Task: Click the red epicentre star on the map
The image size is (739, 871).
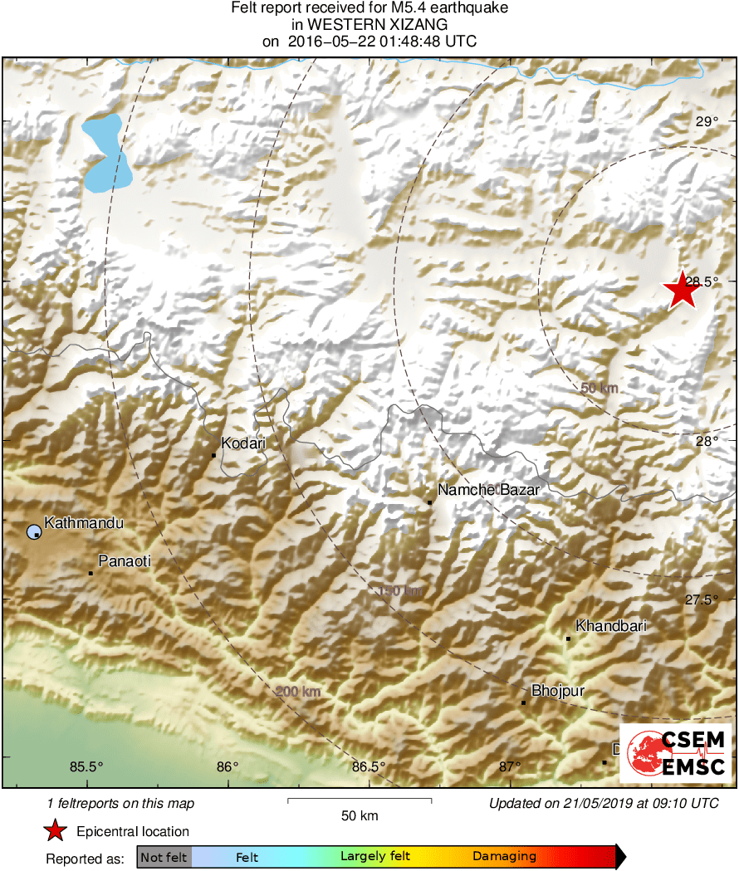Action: [682, 290]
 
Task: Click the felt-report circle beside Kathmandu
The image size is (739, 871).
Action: [33, 531]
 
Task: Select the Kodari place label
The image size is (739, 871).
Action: [243, 443]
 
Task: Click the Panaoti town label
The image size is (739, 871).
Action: [125, 561]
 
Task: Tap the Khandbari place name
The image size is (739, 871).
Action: [610, 626]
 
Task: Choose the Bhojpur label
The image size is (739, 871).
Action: [558, 691]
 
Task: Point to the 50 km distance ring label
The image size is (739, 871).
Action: [600, 388]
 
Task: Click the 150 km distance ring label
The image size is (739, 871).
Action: [399, 591]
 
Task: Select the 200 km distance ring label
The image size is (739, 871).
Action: [297, 692]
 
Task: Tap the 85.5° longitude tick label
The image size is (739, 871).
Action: [86, 766]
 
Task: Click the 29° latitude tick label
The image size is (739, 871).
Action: [707, 121]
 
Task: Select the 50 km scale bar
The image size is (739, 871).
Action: [360, 800]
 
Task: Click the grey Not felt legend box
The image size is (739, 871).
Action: [164, 856]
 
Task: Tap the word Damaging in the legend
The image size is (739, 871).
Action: [504, 856]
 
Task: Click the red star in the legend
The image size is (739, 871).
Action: [55, 830]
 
